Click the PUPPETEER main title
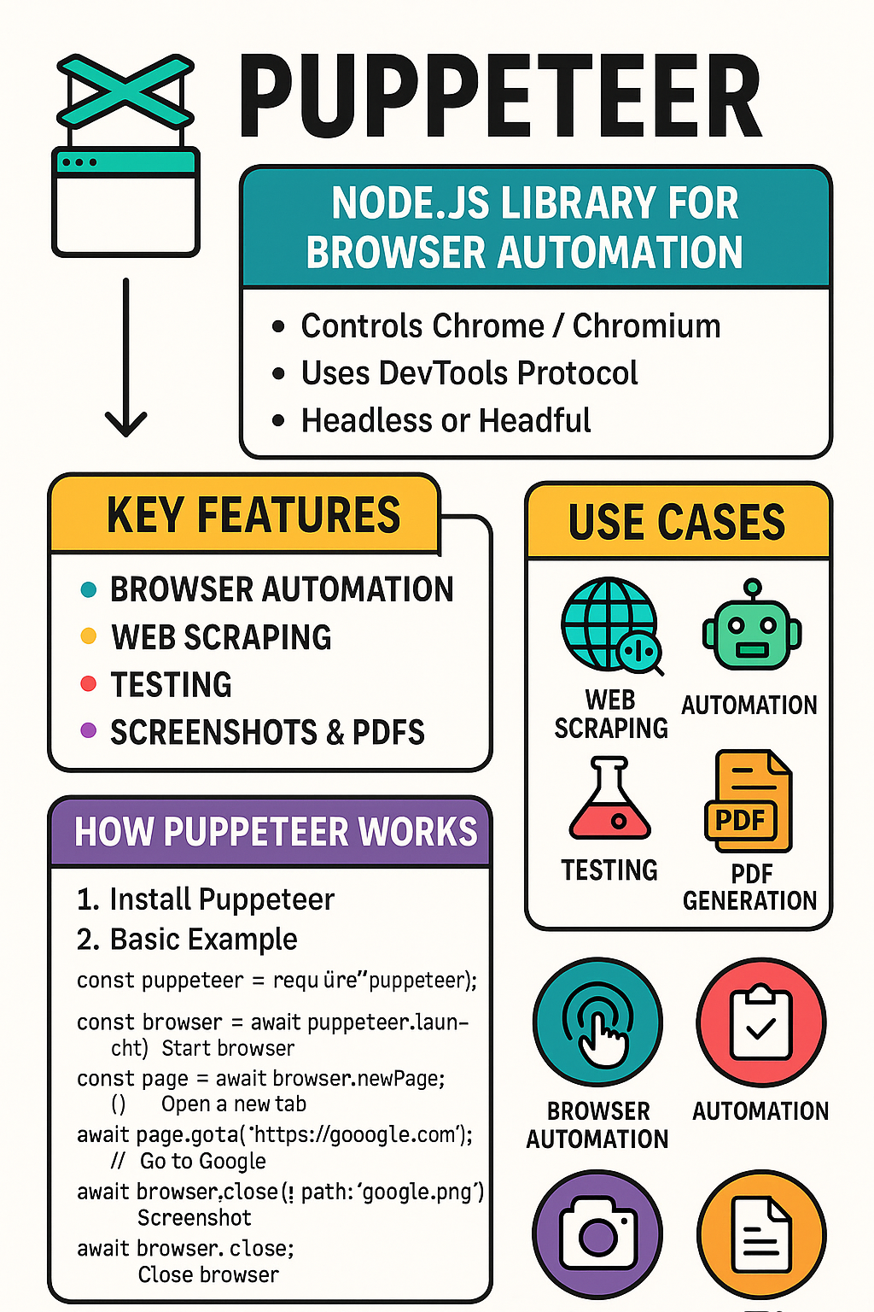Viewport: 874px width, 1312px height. tap(499, 96)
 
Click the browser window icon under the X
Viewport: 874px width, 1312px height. tap(126, 202)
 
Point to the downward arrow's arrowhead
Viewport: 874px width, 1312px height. tap(126, 423)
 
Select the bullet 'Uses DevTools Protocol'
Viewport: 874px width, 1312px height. tap(469, 373)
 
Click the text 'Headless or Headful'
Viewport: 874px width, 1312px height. tap(446, 420)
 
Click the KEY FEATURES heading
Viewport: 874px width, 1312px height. tap(253, 515)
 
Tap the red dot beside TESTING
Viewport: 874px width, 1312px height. tap(88, 683)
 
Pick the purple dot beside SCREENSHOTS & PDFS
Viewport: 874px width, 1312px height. tap(88, 730)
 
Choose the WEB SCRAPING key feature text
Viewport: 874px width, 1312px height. tap(221, 637)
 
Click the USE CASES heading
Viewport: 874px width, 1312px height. tap(677, 522)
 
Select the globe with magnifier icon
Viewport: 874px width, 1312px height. tap(611, 625)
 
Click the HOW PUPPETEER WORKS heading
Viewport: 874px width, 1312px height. tap(275, 832)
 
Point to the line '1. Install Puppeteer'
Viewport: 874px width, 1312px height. tap(206, 899)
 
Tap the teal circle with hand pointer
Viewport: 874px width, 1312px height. tap(597, 1022)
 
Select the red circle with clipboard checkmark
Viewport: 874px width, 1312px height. tap(760, 1022)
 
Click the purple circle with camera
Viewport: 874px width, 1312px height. tap(597, 1233)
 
